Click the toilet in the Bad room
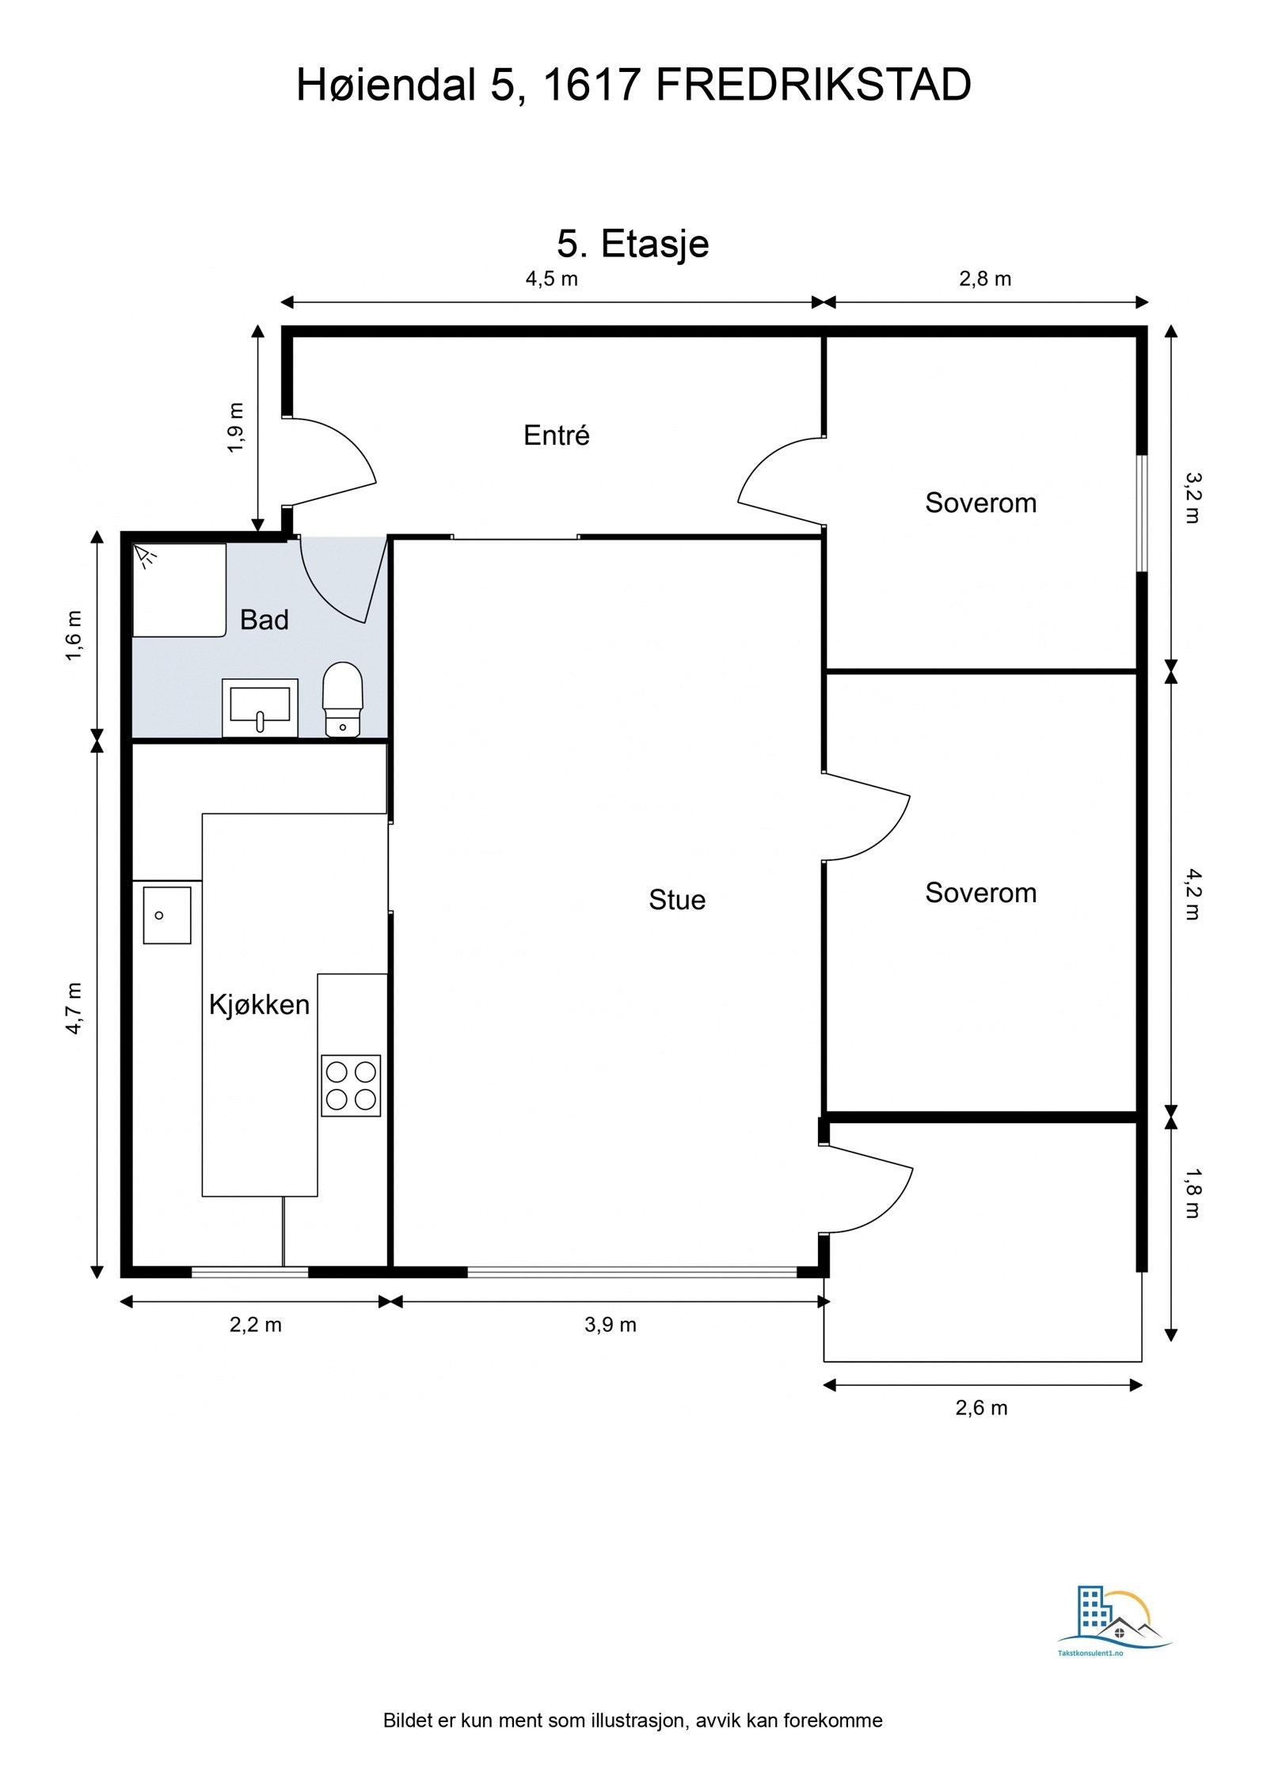(342, 699)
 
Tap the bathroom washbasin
(260, 708)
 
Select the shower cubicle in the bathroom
(179, 590)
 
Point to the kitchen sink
(167, 915)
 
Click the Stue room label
(677, 900)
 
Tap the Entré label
(557, 434)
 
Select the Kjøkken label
(259, 1004)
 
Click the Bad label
(264, 620)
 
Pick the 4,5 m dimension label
(552, 279)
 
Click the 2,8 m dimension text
(985, 279)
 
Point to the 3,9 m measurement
(611, 1325)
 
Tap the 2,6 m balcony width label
(982, 1408)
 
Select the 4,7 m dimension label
(74, 1007)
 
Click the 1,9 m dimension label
(236, 427)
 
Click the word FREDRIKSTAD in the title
(814, 85)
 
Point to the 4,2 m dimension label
(1193, 894)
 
